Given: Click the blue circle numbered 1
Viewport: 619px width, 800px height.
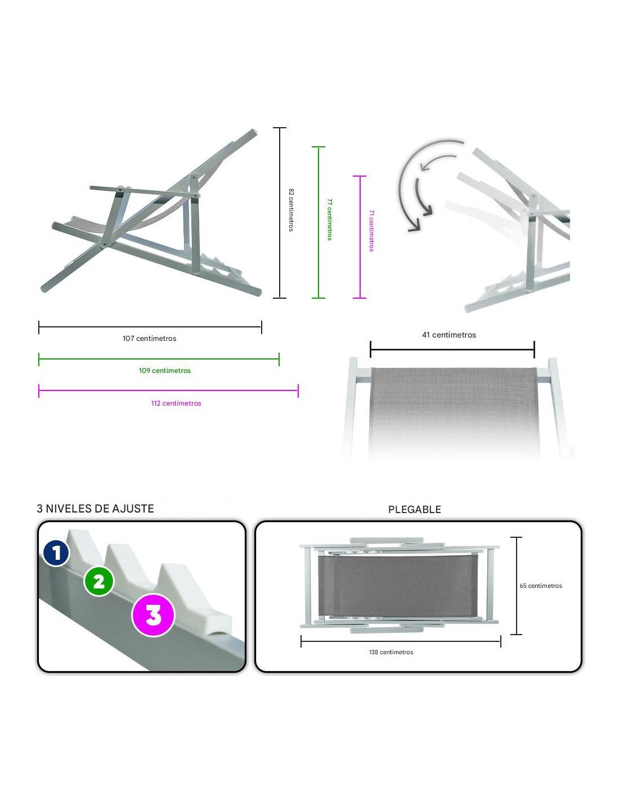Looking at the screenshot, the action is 56,552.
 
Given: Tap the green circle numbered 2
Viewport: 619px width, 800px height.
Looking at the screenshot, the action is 98,582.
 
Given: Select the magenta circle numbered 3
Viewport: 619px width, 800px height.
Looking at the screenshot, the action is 153,615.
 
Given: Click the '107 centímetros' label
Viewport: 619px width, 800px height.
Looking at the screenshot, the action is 150,338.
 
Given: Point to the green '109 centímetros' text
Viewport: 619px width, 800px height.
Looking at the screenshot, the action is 165,370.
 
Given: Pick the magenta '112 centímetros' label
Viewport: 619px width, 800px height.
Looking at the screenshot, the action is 176,403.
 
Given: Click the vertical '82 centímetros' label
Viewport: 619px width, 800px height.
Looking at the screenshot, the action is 291,210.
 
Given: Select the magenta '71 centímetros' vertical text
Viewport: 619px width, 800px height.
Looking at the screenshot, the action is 371,231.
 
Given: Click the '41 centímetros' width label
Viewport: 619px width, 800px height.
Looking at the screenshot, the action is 449,335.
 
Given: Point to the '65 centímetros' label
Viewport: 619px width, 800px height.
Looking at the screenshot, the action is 541,586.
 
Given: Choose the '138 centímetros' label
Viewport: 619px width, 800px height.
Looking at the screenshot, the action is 391,652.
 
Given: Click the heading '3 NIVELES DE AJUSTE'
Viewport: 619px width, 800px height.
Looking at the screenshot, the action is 95,509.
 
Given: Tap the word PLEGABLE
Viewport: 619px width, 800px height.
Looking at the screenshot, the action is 415,510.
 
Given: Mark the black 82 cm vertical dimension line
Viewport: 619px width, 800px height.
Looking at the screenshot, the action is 280,213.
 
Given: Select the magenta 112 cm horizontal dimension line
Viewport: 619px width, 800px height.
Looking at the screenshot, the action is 168,390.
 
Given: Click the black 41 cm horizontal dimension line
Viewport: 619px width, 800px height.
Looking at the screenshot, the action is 452,349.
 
